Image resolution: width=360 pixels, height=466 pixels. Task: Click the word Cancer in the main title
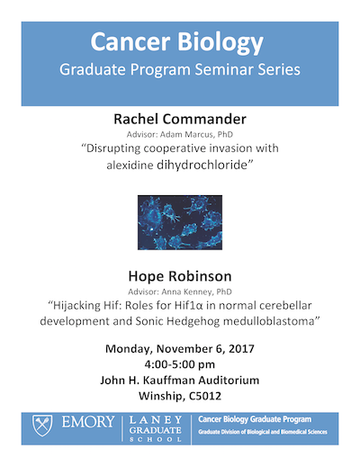point(136,42)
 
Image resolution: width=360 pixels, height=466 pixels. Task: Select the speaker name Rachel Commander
point(179,120)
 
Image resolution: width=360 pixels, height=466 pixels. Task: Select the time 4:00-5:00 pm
point(180,364)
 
